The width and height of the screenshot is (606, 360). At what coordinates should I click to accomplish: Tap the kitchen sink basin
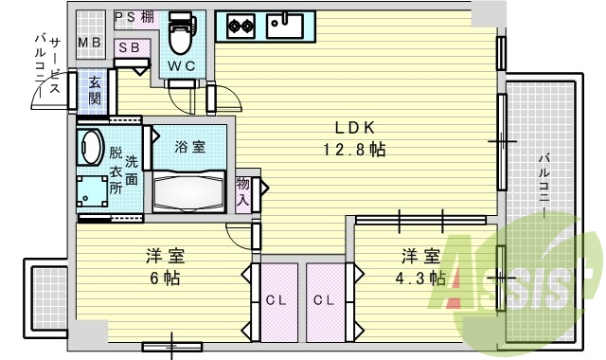(285, 26)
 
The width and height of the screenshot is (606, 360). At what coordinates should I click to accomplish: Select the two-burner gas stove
(241, 26)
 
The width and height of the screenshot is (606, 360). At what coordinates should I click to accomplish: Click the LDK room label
(354, 128)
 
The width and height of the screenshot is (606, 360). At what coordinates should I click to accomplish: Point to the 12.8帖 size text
(354, 149)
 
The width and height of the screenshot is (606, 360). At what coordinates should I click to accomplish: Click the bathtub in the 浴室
(188, 191)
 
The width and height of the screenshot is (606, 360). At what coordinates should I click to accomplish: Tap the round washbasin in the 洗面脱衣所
(90, 147)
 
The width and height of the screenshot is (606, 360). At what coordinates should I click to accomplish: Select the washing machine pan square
(92, 192)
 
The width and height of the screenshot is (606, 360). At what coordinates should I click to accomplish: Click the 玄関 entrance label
(95, 91)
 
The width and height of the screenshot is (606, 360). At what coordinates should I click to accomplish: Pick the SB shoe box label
(129, 47)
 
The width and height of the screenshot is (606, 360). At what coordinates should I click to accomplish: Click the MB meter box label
(90, 42)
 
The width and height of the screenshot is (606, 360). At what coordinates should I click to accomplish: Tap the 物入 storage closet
(243, 192)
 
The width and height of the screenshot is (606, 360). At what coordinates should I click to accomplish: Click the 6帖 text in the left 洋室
(165, 278)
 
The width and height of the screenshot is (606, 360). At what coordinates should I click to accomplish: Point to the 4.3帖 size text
(420, 278)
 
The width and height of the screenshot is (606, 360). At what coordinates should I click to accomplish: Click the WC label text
(181, 66)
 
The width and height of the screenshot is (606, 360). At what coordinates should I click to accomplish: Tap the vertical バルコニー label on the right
(544, 186)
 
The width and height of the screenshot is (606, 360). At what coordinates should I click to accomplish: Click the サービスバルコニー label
(48, 65)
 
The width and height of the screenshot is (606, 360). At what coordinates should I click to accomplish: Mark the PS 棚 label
(134, 17)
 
